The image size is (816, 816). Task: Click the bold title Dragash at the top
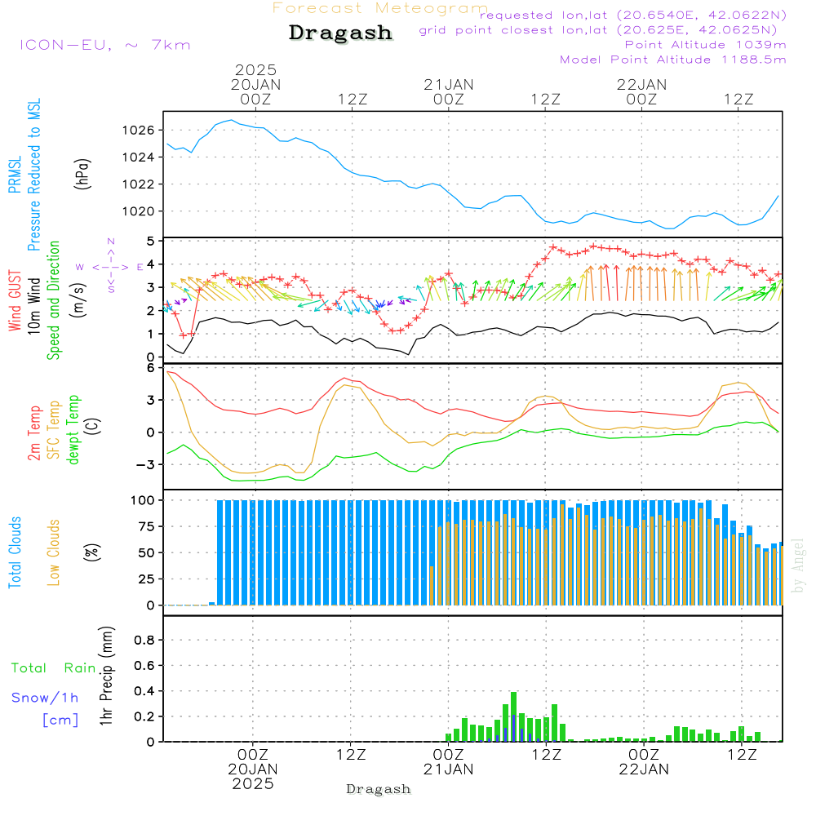pyautogui.click(x=340, y=33)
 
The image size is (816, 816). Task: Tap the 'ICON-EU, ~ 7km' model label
pyautogui.click(x=104, y=45)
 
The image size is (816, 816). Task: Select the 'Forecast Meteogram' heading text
pyautogui.click(x=380, y=8)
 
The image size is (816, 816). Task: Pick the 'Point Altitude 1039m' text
pyautogui.click(x=705, y=44)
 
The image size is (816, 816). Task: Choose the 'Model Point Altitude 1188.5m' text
pyautogui.click(x=673, y=60)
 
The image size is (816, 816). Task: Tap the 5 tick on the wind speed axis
pyautogui.click(x=149, y=242)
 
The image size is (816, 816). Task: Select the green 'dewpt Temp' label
pyautogui.click(x=73, y=430)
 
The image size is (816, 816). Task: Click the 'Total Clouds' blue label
pyautogui.click(x=15, y=552)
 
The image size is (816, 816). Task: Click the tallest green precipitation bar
pyautogui.click(x=513, y=716)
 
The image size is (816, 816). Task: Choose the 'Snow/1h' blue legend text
pyautogui.click(x=46, y=698)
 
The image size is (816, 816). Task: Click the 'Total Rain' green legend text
pyautogui.click(x=54, y=667)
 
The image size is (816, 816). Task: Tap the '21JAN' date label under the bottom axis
pyautogui.click(x=448, y=769)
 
